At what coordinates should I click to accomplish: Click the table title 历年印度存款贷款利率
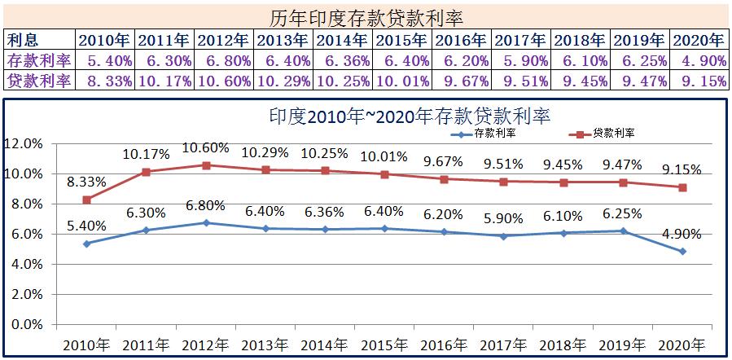click(x=366, y=16)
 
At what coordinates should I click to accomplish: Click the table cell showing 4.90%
click(x=699, y=59)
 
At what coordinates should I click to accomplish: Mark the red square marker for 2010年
click(x=87, y=200)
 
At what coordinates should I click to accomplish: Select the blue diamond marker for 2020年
click(x=682, y=251)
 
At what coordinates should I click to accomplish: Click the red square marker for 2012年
click(x=206, y=165)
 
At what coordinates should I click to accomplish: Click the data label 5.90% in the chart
click(x=504, y=218)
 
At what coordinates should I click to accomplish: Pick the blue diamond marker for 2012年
click(x=206, y=222)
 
